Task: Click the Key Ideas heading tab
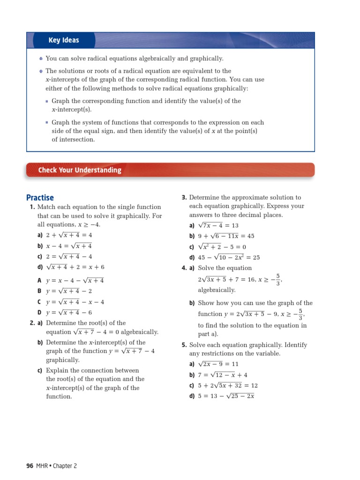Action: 64,40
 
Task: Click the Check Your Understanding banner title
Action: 80,170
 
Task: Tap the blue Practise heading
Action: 40,198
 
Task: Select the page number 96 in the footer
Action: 30,465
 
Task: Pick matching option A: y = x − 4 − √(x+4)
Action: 75,280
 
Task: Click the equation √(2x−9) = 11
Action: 218,364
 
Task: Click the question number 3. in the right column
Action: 184,198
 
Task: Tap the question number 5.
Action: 184,345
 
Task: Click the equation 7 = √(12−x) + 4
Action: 223,375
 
